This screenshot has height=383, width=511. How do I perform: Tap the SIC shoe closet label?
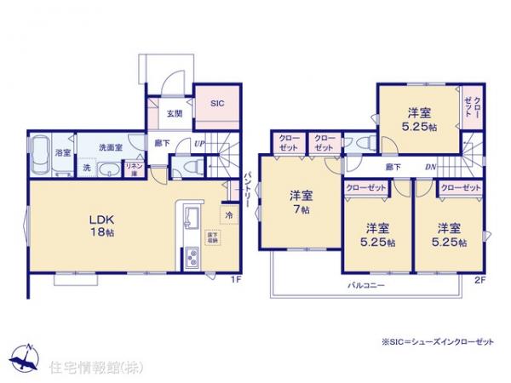(216, 103)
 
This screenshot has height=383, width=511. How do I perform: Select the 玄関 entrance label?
(174, 112)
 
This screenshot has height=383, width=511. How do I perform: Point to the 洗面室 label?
(108, 147)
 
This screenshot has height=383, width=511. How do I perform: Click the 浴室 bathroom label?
(63, 152)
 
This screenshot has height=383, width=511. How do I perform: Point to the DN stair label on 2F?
(430, 168)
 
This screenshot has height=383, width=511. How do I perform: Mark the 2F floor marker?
(480, 279)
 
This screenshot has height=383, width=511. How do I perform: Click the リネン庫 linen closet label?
(135, 169)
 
